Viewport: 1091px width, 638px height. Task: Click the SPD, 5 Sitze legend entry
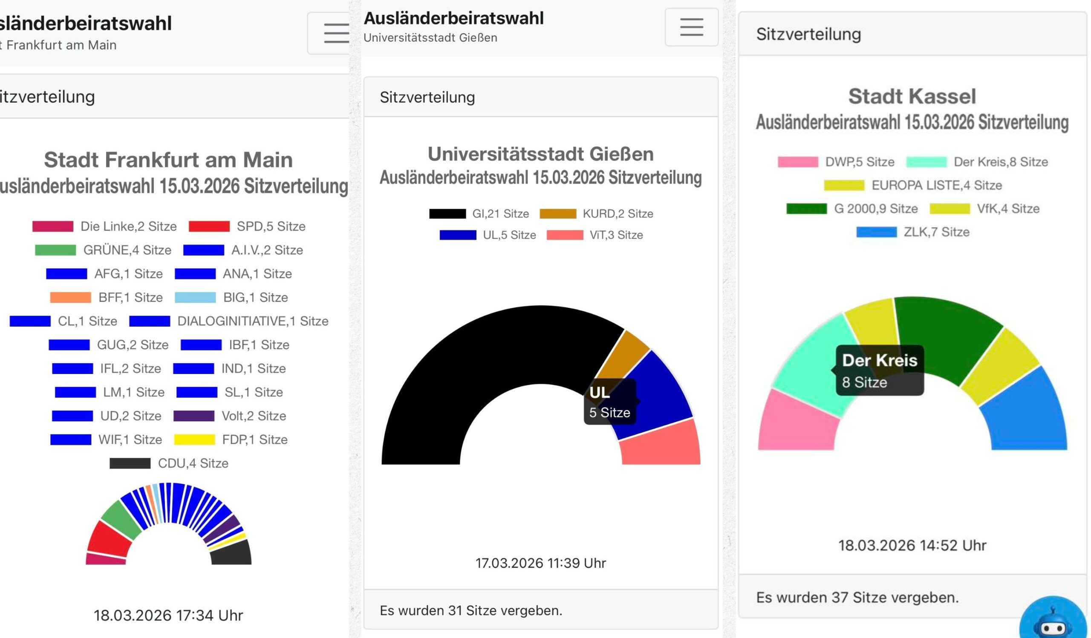[248, 226]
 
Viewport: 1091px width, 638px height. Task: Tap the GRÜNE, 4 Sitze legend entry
[104, 250]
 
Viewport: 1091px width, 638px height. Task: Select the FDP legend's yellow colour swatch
[194, 440]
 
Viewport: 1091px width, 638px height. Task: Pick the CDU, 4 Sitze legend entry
[169, 463]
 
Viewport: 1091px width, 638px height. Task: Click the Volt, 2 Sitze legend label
[254, 416]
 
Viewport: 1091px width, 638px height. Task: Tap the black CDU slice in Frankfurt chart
[231, 553]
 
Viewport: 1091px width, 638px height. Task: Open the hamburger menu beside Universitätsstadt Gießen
[691, 27]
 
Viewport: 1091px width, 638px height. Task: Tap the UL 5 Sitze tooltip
[609, 402]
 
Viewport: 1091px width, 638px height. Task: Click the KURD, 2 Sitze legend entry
[597, 214]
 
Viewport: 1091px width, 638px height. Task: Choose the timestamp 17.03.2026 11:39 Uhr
[541, 563]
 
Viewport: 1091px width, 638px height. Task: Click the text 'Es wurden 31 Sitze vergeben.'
[471, 610]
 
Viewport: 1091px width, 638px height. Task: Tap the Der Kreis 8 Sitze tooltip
[880, 371]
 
